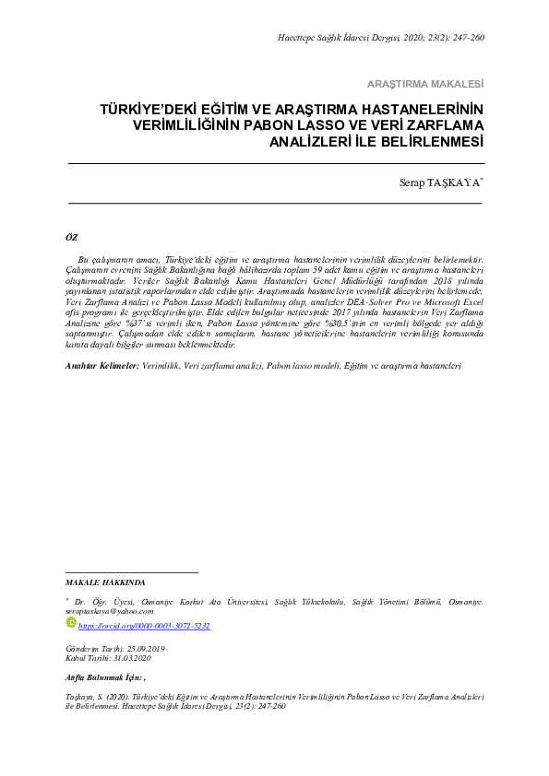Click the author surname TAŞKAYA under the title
[454, 183]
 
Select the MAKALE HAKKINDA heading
[106, 583]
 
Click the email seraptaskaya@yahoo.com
[110, 610]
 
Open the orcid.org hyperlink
[145, 625]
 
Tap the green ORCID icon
[72, 624]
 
